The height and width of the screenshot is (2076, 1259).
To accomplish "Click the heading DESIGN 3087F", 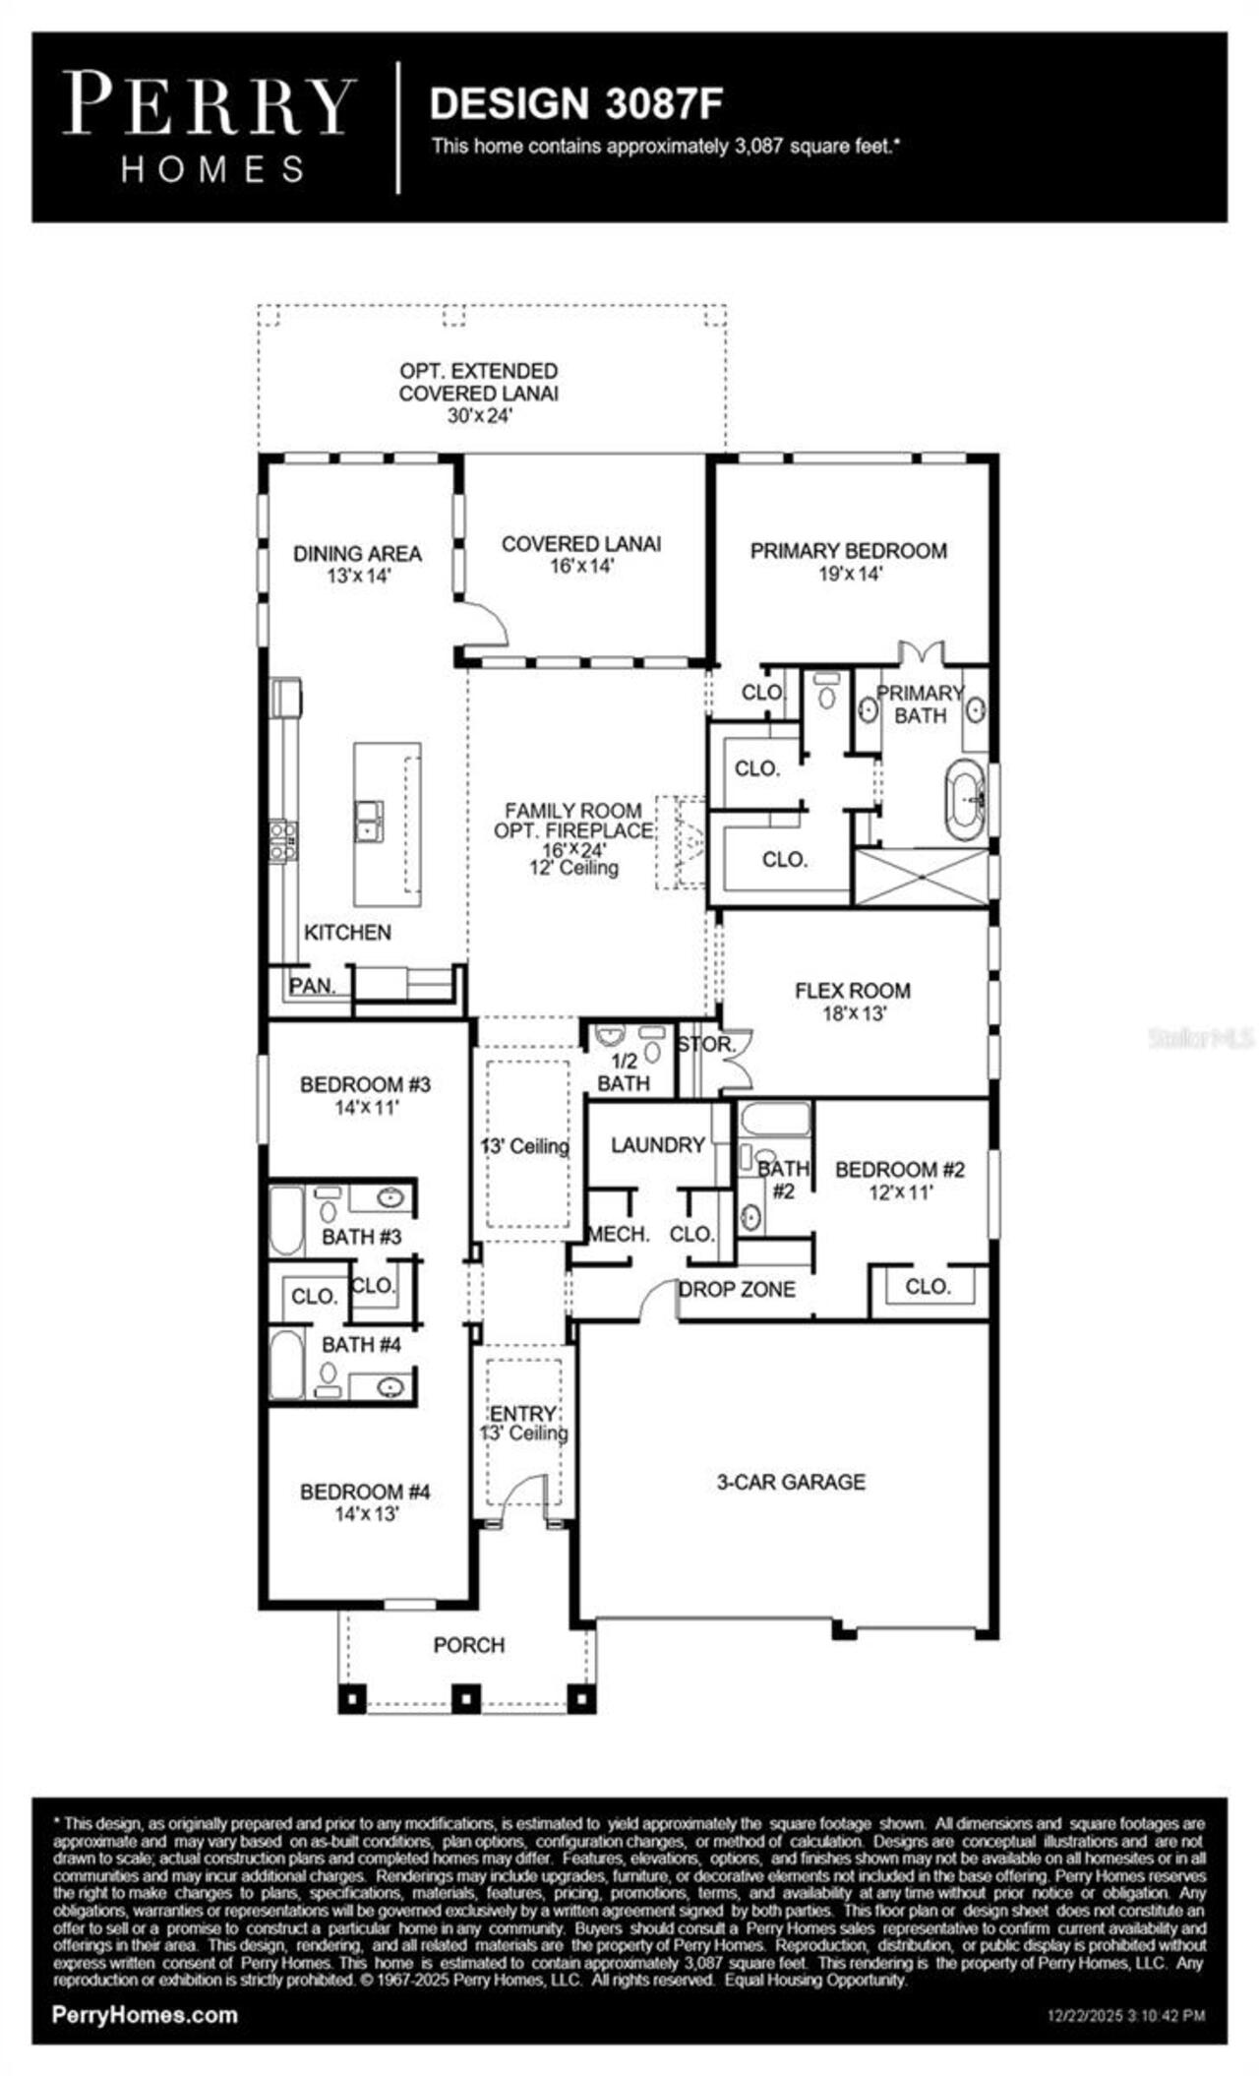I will [x=577, y=103].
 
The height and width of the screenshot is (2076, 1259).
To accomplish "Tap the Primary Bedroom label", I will [x=848, y=551].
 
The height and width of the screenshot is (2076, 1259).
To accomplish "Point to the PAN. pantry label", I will [x=312, y=985].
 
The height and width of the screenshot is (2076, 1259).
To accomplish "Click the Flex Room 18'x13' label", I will [x=852, y=1002].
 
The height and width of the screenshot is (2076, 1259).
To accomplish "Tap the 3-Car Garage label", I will [x=791, y=1482].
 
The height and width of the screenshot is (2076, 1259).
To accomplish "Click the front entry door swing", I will [x=523, y=1497].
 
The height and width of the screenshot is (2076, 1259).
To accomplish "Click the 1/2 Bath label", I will [x=624, y=1072].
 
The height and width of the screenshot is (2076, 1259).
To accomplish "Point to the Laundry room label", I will [x=657, y=1145].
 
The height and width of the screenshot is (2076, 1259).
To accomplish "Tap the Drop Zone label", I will [x=737, y=1290].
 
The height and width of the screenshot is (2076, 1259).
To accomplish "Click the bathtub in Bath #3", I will [x=286, y=1221].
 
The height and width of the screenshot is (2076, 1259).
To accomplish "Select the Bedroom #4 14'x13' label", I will [x=365, y=1502].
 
